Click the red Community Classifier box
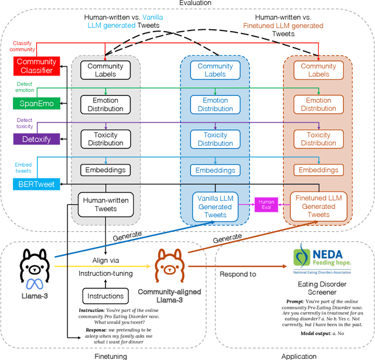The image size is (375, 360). (x=36, y=66)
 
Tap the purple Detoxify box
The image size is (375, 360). (x=36, y=139)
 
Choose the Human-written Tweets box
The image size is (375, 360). (x=105, y=204)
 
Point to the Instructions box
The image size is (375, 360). (x=105, y=296)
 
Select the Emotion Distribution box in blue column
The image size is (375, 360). (x=215, y=104)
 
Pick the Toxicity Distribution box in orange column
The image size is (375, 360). (x=318, y=139)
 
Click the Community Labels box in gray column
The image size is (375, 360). (x=105, y=70)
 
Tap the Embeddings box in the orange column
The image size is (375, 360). (x=318, y=170)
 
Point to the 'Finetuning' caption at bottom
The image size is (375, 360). (x=111, y=355)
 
